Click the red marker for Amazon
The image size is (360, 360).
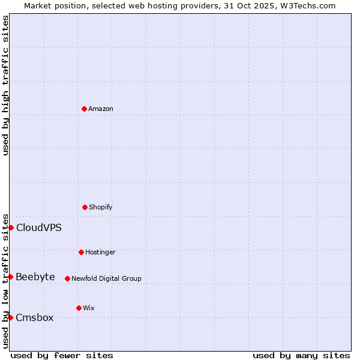[x=84, y=109]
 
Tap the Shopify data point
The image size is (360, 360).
[x=85, y=207]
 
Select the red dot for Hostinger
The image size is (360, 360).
[x=81, y=252]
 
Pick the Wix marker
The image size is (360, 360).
[x=79, y=308]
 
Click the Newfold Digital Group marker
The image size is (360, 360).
[x=67, y=278]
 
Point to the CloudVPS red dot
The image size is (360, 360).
[x=11, y=227]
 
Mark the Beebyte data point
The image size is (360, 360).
[x=11, y=277]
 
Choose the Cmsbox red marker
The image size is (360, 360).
[x=11, y=317]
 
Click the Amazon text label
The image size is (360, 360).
[x=101, y=109]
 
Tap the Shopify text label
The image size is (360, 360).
[x=101, y=207]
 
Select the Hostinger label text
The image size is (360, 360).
[x=100, y=252]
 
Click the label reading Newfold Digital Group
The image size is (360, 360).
[x=106, y=278]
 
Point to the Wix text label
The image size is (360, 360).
[x=89, y=308]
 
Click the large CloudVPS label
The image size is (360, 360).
[x=38, y=227]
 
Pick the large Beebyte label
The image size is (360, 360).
[x=35, y=277]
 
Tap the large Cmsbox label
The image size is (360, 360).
[x=35, y=317]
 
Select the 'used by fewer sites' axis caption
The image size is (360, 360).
[x=62, y=355]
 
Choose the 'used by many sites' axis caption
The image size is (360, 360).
[x=301, y=355]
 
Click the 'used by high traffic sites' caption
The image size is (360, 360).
[x=6, y=85]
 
